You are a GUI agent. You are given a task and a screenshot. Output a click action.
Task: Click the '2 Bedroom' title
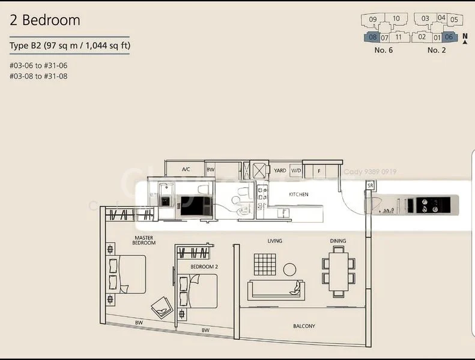coord(45,20)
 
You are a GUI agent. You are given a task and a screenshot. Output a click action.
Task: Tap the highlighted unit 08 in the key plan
coord(372,37)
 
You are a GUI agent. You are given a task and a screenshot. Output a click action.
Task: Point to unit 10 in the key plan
coord(396,19)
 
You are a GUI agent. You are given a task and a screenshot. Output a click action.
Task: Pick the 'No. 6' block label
coord(383,50)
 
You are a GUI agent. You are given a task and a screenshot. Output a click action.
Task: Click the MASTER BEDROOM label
coord(144,240)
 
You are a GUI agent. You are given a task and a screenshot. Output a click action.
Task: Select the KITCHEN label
coord(298,194)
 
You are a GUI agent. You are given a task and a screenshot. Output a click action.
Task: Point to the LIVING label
coord(275,241)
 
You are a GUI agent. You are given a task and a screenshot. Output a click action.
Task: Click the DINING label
coord(337,241)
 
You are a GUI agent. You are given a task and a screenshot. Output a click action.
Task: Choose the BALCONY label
coord(304,326)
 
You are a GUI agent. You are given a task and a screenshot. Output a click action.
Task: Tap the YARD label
coord(280,170)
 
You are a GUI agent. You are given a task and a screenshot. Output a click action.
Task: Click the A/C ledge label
coord(186,170)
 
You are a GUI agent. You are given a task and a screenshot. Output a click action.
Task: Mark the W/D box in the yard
coord(295,170)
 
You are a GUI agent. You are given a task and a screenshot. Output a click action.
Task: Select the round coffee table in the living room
coord(289,269)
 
